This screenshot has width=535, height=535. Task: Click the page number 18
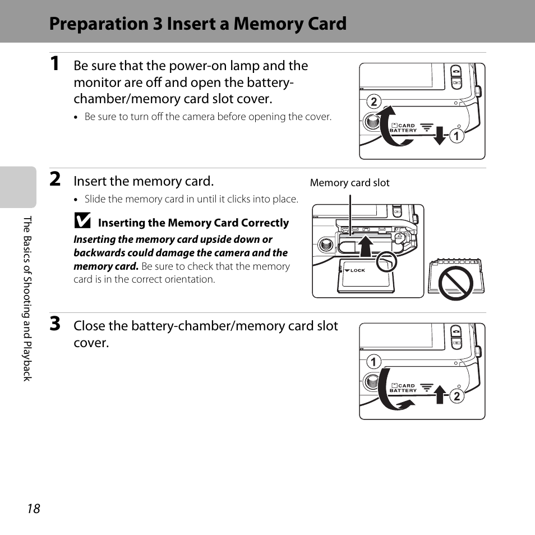tap(34, 509)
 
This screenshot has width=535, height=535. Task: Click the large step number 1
tap(54, 64)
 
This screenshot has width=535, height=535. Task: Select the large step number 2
tap(55, 179)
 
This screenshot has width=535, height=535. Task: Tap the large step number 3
tap(55, 324)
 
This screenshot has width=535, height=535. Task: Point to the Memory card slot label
tap(349, 183)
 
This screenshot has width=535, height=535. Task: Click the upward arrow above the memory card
tap(366, 246)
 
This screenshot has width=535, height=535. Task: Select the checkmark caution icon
tap(82, 222)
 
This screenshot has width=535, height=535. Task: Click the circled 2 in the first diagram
tap(373, 102)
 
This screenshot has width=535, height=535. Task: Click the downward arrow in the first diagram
tap(440, 135)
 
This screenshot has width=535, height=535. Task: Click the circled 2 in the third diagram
tap(456, 396)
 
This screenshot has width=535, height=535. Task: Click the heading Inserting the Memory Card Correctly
tap(193, 223)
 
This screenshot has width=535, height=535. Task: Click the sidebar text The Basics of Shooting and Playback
tap(27, 298)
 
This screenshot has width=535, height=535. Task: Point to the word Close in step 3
tap(90, 326)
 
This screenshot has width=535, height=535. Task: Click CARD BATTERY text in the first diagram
tap(404, 128)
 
